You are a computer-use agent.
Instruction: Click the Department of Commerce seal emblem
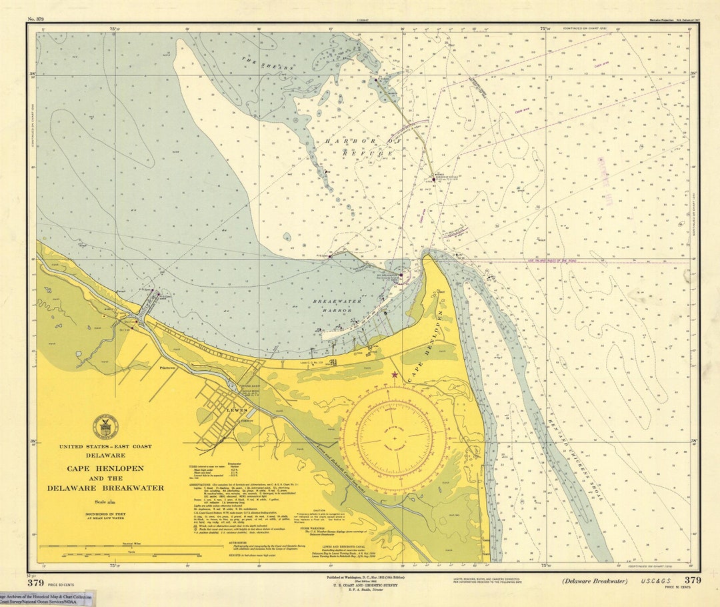tap(105, 427)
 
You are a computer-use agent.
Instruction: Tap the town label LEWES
tap(237, 410)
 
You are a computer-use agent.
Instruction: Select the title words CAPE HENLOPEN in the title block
tap(105, 468)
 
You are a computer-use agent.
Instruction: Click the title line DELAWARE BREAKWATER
tap(105, 488)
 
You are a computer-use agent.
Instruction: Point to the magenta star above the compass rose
tap(395, 376)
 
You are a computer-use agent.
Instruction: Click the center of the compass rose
tap(394, 438)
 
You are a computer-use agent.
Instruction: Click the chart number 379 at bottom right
tap(693, 580)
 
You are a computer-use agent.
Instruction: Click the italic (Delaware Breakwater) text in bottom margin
tap(594, 581)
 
